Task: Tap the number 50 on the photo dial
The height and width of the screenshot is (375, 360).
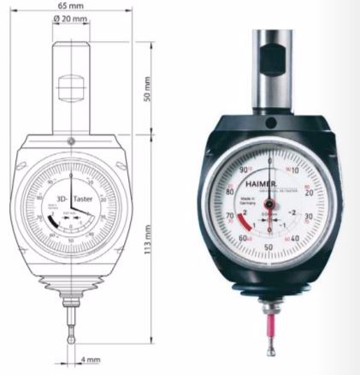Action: [x=269, y=247]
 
